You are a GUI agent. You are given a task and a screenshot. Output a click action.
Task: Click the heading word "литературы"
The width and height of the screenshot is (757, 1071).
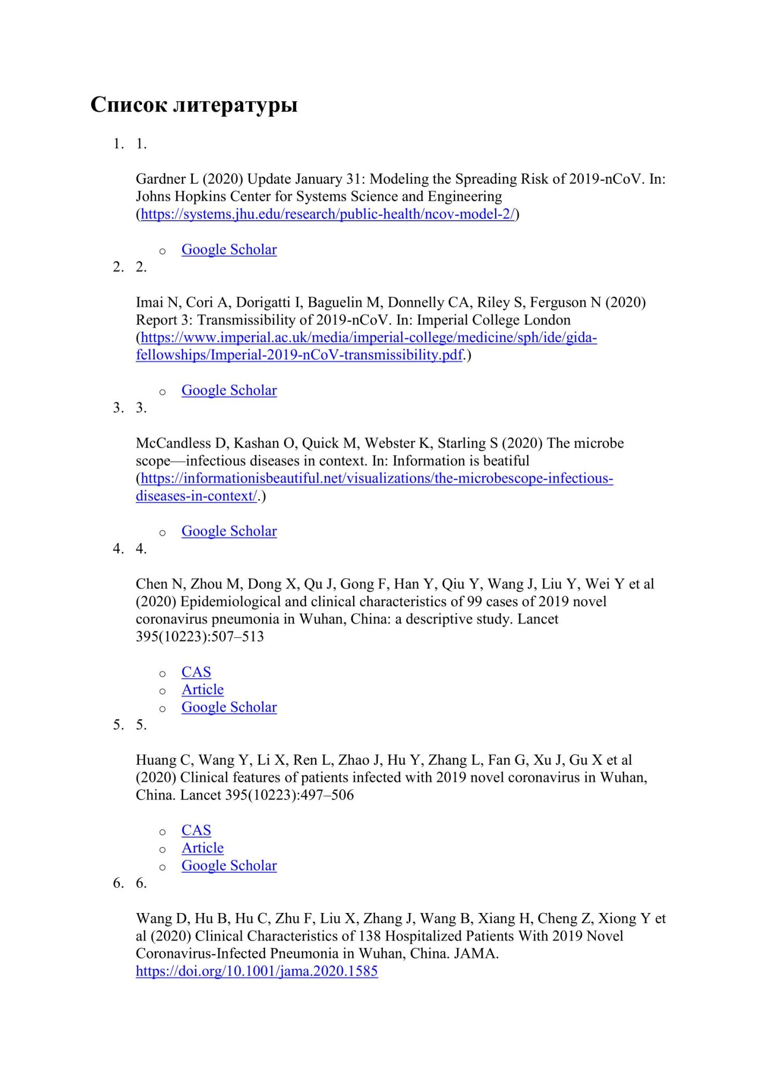[x=235, y=105]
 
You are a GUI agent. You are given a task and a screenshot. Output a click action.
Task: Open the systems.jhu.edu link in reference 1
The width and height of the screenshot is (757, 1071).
[x=327, y=214]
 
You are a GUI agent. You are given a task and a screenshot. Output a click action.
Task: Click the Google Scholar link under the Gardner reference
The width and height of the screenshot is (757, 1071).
[x=229, y=250]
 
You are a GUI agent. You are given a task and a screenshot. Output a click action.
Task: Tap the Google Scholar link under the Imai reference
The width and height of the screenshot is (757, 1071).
[x=229, y=390]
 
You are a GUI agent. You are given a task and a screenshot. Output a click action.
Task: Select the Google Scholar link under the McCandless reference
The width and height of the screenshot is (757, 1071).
[x=229, y=531]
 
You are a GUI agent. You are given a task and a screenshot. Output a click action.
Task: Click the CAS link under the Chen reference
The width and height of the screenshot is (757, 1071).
[x=196, y=672]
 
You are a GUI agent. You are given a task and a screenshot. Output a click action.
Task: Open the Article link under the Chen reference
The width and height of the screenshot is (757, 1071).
[x=203, y=690]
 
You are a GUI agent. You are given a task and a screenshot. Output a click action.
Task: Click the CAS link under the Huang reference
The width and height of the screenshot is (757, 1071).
[x=196, y=831]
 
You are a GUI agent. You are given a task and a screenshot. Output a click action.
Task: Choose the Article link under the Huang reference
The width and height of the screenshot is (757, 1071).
[x=203, y=848]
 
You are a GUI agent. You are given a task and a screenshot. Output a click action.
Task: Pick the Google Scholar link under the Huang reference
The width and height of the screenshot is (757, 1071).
[x=229, y=866]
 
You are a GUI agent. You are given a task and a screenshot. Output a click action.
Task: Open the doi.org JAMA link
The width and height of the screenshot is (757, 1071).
[x=257, y=971]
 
